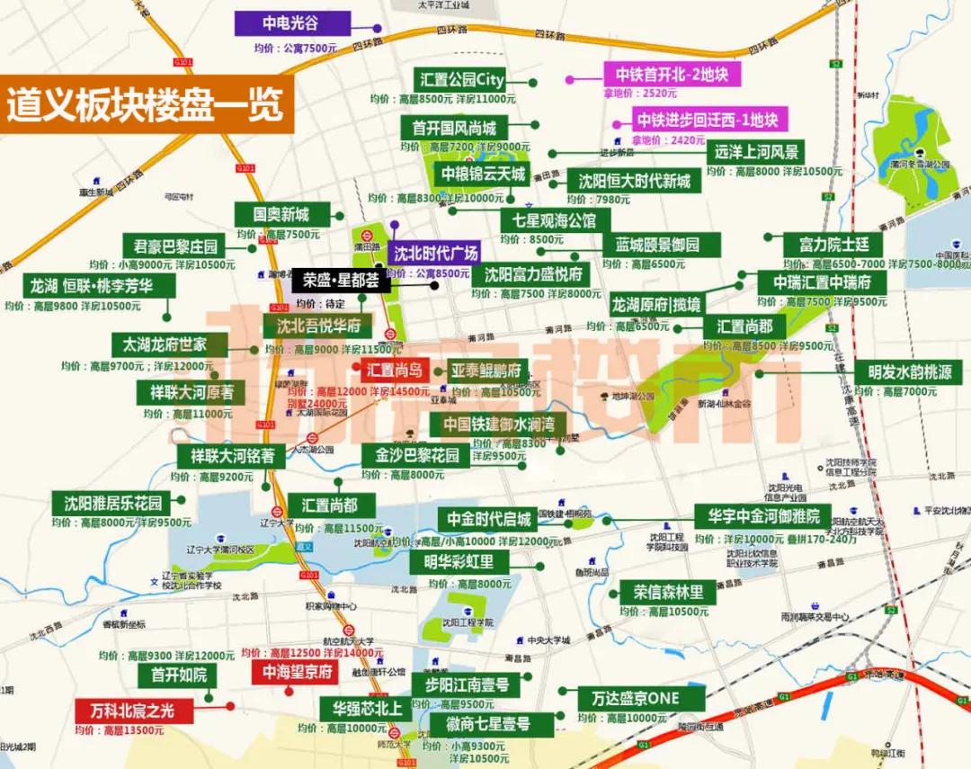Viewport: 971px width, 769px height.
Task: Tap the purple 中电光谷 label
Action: [x=290, y=22]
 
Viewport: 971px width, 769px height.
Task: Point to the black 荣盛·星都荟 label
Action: [x=341, y=281]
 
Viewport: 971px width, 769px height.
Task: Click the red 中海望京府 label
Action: [x=297, y=672]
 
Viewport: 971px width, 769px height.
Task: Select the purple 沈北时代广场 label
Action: [x=436, y=252]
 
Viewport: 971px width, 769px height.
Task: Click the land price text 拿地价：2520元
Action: [x=642, y=93]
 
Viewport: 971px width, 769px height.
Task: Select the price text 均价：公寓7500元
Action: [x=295, y=47]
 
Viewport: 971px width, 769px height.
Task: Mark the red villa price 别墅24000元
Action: [x=317, y=405]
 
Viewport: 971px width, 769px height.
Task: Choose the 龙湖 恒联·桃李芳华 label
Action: [x=99, y=286]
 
